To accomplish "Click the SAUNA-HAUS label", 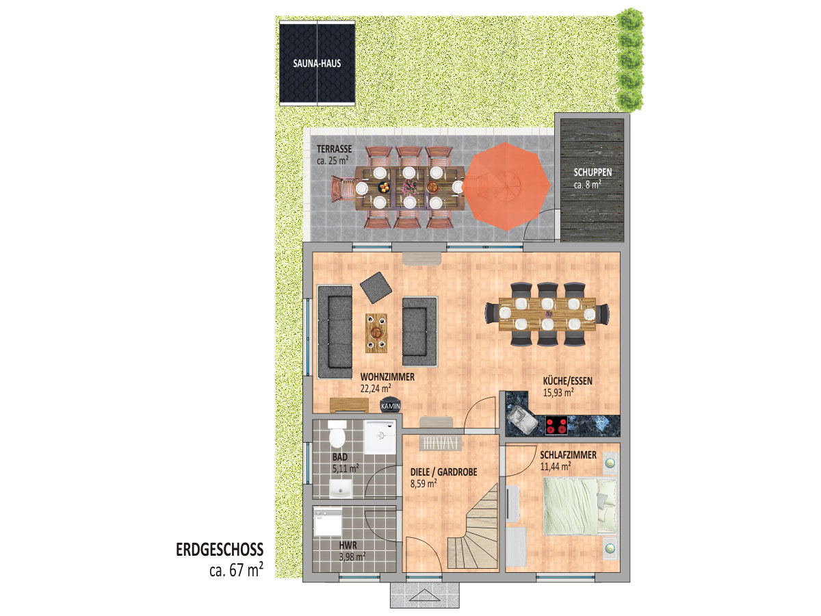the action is click(x=317, y=63).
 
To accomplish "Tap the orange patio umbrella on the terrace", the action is click(x=506, y=186).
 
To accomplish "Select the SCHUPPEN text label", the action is click(x=592, y=172).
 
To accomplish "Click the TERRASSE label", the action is click(x=334, y=149).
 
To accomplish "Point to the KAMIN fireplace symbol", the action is click(x=390, y=405).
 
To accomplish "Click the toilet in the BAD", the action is click(x=337, y=433).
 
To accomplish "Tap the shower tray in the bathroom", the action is click(x=380, y=437).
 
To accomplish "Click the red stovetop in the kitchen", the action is click(x=556, y=426).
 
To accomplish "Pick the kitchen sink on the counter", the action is click(x=521, y=419).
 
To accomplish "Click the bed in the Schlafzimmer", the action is click(x=579, y=506).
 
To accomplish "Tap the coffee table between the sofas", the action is click(x=376, y=333).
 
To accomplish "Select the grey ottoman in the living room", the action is click(x=376, y=287).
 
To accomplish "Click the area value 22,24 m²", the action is click(x=376, y=388).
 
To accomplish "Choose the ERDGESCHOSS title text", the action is click(x=220, y=550).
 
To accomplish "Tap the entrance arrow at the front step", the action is click(x=425, y=595).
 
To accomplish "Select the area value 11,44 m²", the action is click(x=556, y=466).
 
